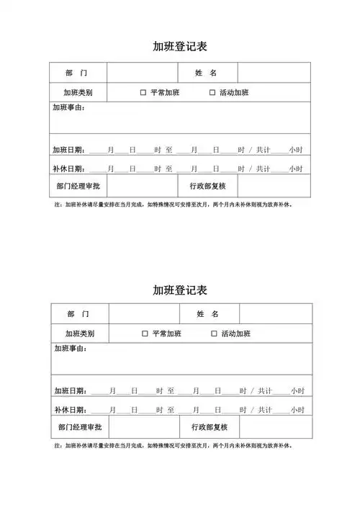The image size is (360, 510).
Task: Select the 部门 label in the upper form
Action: click(x=77, y=73)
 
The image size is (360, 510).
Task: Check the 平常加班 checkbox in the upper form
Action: click(x=143, y=93)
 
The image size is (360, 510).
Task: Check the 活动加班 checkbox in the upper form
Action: click(x=212, y=93)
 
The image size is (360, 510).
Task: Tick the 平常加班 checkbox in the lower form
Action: click(x=145, y=334)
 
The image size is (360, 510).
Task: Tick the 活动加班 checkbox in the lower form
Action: click(x=214, y=334)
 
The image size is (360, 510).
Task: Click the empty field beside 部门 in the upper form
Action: click(x=142, y=73)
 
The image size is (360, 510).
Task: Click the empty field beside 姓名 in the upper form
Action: click(x=274, y=73)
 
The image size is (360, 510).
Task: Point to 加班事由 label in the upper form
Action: click(x=68, y=108)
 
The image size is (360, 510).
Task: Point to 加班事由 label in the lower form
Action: click(x=71, y=349)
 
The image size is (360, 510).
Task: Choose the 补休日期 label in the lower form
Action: click(x=70, y=410)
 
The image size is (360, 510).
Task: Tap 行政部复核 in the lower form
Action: click(x=210, y=427)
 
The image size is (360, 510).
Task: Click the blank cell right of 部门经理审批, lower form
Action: click(x=144, y=427)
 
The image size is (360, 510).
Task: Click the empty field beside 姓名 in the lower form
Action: click(x=276, y=314)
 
